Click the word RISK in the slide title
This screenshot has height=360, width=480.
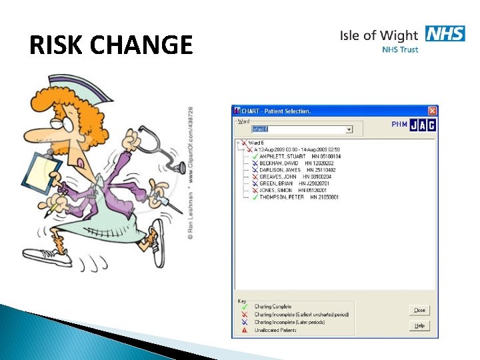point(56,45)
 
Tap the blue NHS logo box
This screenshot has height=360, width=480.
point(445,34)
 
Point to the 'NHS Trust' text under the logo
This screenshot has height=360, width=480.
point(400,50)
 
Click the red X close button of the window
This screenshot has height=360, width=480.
point(432,111)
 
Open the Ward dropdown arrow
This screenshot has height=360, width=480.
point(349,129)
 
